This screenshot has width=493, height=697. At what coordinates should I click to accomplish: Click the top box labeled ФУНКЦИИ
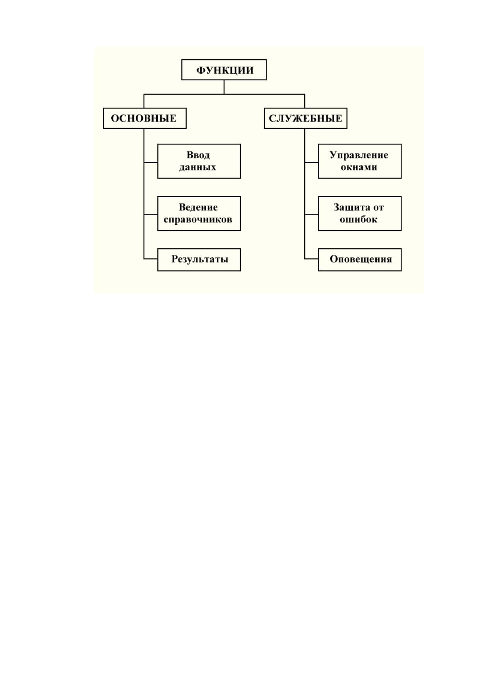[224, 70]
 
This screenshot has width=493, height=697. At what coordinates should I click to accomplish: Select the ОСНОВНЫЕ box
[145, 118]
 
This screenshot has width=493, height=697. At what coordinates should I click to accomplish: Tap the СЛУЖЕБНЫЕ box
[305, 118]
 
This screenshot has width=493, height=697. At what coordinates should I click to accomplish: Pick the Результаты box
[199, 260]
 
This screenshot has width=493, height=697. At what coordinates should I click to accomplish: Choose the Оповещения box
[360, 260]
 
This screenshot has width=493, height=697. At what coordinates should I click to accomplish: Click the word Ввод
[198, 155]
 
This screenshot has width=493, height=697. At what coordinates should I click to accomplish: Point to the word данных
[197, 167]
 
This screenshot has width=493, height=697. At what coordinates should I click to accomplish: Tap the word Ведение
[198, 207]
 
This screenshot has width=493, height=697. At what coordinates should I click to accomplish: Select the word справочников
[197, 219]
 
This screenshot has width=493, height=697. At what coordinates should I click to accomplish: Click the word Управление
[359, 155]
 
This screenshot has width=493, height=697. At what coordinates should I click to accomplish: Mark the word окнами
[359, 167]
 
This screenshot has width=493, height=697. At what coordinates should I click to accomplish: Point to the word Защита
[352, 207]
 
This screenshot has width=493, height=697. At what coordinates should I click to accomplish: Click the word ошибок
[358, 219]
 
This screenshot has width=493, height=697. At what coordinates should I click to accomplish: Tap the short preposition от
[378, 207]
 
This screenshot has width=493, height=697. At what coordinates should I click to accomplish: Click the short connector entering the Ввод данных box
[151, 162]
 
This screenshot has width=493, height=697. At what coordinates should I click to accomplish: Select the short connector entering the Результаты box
[151, 259]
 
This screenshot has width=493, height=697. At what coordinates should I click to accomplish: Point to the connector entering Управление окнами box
[312, 162]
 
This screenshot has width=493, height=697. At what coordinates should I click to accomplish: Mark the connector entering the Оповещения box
[312, 259]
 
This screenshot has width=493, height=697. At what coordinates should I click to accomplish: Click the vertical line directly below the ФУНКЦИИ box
[224, 87]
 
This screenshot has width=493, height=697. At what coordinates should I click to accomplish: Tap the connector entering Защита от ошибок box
[312, 215]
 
